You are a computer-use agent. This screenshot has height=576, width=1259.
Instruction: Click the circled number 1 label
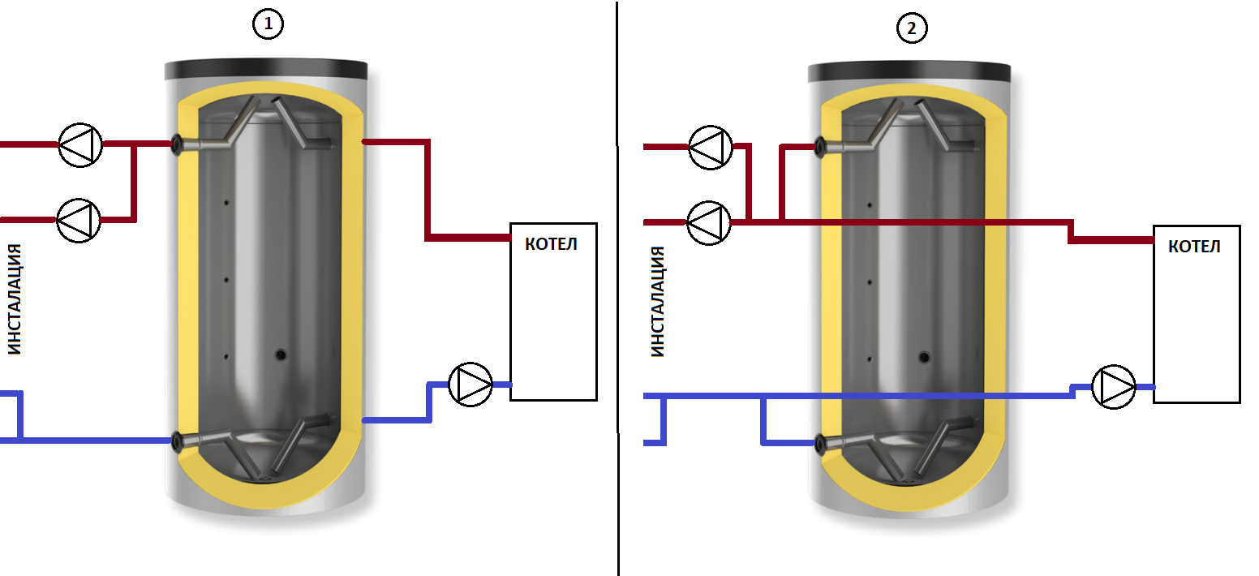pos(269,26)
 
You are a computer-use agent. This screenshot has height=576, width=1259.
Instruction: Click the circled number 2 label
pos(912,28)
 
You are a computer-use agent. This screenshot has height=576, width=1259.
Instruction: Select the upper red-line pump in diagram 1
pos(80,145)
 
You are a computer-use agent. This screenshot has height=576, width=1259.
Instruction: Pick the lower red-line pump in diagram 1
pos(78,219)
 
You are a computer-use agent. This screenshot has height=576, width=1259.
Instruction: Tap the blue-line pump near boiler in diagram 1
pos(471,385)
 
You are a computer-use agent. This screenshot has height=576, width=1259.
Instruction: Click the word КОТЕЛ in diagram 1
pos(552,243)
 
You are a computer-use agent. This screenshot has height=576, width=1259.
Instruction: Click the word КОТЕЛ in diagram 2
pos(1194,247)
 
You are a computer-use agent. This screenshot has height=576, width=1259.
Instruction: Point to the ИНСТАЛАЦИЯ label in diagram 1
pos(14,299)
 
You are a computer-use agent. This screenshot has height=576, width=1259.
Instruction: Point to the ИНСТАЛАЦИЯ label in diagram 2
pos(658,302)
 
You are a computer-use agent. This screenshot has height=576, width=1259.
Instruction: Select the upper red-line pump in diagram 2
pos(711,148)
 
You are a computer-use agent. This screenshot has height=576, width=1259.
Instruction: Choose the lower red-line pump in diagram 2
pos(709,221)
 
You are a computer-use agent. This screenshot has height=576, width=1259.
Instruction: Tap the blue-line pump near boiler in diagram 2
pos(1114,386)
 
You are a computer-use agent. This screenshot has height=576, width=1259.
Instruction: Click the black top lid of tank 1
pos(265,70)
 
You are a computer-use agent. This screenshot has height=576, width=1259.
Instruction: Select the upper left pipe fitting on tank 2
pos(821,148)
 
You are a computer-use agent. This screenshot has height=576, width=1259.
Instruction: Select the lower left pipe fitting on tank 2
pos(821,443)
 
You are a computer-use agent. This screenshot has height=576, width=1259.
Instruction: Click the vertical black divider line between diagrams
pos(617,288)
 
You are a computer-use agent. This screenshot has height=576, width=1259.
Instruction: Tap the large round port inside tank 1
pos(281,354)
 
